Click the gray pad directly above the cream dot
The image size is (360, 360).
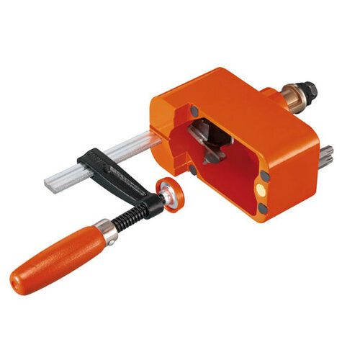264,175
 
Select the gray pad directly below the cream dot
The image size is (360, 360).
262,208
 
